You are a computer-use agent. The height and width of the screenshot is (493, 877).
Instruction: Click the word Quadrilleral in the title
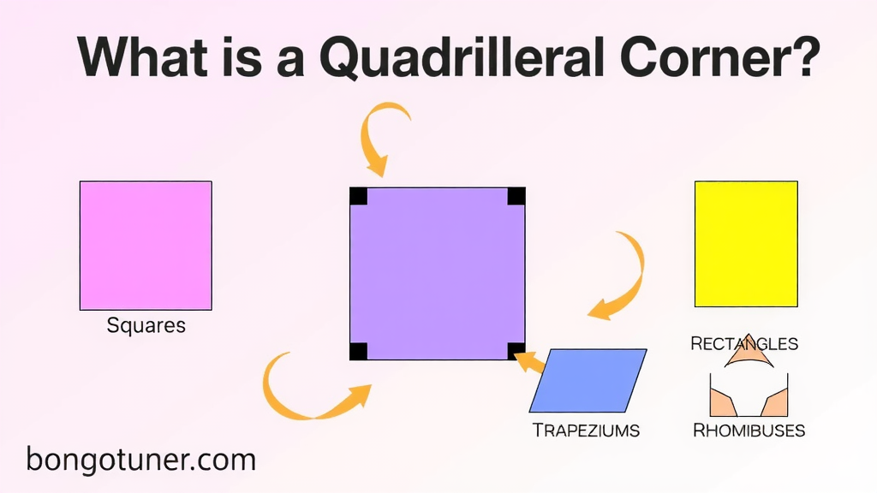tap(462, 58)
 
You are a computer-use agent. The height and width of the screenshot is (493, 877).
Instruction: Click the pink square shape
tap(146, 246)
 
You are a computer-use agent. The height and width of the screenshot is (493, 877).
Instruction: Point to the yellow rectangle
tap(746, 244)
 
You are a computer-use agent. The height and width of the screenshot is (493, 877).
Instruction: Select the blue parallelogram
tap(588, 381)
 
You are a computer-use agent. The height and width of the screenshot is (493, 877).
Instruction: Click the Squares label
tap(146, 325)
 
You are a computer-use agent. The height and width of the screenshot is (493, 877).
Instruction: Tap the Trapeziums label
tap(586, 431)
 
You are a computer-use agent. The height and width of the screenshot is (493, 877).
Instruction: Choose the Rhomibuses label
tap(749, 431)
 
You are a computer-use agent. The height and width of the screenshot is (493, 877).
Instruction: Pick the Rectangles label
tap(744, 343)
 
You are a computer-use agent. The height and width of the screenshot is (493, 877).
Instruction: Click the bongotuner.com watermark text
tap(141, 460)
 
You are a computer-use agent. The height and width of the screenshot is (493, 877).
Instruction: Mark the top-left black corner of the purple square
tap(359, 196)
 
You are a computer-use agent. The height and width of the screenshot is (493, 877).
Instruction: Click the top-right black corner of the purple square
tap(516, 196)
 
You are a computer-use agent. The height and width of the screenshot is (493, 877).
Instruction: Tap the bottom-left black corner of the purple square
tap(359, 352)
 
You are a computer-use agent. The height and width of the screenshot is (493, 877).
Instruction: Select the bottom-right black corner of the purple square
tap(516, 351)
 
